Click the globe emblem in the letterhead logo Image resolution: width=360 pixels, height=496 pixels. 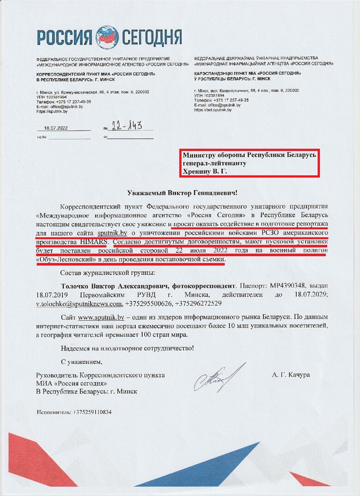pyautogui.click(x=106, y=36)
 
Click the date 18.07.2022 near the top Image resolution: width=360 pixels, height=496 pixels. pyautogui.click(x=56, y=128)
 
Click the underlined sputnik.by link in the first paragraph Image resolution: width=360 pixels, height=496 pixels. pyautogui.click(x=112, y=233)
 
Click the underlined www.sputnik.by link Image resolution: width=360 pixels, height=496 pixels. pyautogui.click(x=101, y=317)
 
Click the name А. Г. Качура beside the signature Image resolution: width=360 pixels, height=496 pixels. pyautogui.click(x=291, y=375)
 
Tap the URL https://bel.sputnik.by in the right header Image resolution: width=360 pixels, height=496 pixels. pyautogui.click(x=213, y=110)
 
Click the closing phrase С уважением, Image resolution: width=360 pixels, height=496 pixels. pyautogui.click(x=81, y=361)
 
